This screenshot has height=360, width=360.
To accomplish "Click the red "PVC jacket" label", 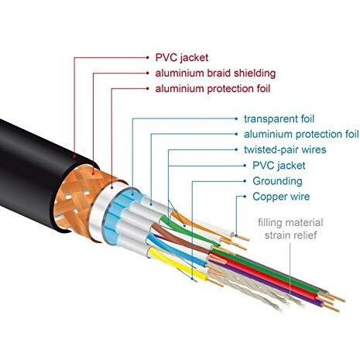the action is coord(182,57).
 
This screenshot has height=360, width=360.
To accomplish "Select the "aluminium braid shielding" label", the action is coord(215,74).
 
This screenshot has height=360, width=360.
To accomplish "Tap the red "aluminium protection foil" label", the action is coord(213,89).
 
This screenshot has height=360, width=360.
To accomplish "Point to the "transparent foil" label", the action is coord(279,119).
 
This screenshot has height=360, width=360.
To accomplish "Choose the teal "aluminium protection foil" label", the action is coord(301,134).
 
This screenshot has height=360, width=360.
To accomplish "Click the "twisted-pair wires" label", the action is coord(285,149).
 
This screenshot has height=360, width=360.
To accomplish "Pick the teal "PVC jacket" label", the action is coord(279,166).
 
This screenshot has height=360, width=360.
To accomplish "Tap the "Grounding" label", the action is coord(277,181).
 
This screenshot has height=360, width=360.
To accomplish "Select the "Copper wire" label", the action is coord(281,197).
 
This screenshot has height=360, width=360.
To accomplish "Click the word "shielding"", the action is coord(255,74).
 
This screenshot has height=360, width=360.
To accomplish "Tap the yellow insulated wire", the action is coord(178,266).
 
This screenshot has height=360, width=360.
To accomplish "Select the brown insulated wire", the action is coord(180,238).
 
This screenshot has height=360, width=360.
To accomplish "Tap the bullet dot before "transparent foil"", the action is coord(236,119).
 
